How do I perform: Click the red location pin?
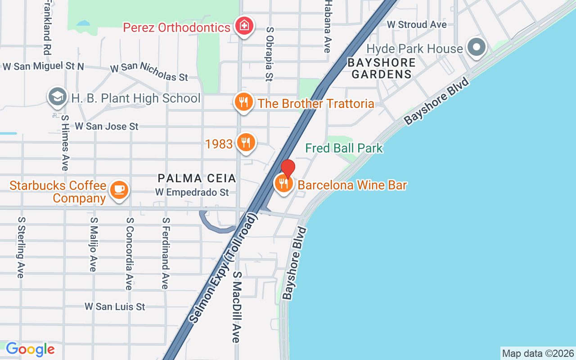(288, 168)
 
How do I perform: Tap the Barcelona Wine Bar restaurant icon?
(283, 184)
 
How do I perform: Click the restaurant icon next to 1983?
(246, 143)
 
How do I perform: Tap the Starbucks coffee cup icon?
(119, 190)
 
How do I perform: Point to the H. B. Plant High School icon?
(57, 97)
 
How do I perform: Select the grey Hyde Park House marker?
(476, 47)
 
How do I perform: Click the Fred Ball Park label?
(344, 148)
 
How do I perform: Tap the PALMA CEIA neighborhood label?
(197, 179)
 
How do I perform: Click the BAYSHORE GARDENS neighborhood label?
(381, 68)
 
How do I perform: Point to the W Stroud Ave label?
(417, 24)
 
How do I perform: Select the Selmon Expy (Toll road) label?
(223, 268)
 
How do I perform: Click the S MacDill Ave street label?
(238, 307)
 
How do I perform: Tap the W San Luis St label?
(115, 306)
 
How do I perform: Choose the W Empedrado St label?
(192, 193)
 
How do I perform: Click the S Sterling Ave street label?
(21, 247)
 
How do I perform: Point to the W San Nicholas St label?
(149, 72)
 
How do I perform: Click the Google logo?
(30, 349)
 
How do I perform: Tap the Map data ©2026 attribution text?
(538, 354)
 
